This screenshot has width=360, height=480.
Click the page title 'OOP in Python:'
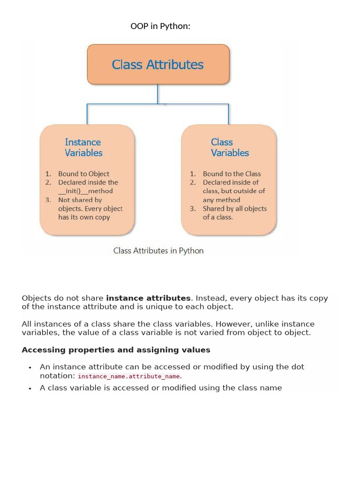click(x=160, y=26)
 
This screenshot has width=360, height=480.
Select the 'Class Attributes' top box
click(x=158, y=64)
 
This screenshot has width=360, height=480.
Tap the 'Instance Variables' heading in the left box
click(x=83, y=147)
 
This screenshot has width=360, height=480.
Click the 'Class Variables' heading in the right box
click(x=230, y=147)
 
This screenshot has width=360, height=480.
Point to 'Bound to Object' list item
click(x=83, y=173)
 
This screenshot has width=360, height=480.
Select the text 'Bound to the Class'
click(x=232, y=173)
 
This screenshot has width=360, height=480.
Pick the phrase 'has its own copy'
click(x=84, y=217)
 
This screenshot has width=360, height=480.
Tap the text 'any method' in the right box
click(x=221, y=200)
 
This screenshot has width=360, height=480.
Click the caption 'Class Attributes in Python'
click(x=158, y=251)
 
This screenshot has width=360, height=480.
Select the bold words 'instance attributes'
click(x=149, y=298)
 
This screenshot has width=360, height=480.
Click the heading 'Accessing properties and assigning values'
click(x=116, y=350)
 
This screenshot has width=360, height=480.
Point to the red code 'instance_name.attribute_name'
click(x=129, y=376)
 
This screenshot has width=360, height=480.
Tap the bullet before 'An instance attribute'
click(x=30, y=367)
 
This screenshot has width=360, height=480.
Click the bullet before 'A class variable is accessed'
click(x=30, y=389)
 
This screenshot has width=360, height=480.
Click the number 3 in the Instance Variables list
click(x=48, y=200)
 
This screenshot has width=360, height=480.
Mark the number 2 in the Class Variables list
click(x=193, y=182)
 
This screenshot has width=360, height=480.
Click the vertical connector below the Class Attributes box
click(x=158, y=94)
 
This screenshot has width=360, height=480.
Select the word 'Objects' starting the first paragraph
click(x=36, y=298)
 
